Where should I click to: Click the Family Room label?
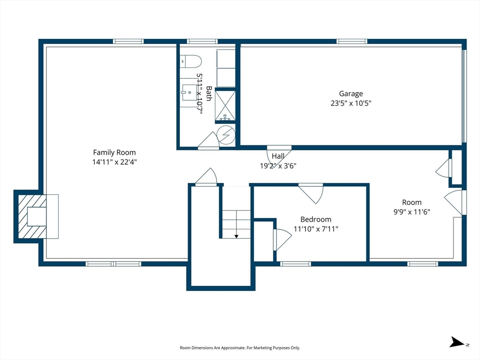114,152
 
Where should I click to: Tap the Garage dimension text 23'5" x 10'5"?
351,103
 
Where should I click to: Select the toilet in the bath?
190,61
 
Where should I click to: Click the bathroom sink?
189,93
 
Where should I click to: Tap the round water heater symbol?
226,135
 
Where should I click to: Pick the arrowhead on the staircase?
236,236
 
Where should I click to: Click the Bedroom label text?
315,219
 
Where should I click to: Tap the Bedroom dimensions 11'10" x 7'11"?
316,229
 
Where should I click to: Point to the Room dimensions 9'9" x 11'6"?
412,212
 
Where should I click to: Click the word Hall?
278,156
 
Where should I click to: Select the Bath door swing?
208,141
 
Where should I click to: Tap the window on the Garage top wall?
352,41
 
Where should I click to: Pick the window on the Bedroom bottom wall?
295,263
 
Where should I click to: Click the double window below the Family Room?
113,263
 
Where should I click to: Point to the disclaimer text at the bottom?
240,348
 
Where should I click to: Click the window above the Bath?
202,41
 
